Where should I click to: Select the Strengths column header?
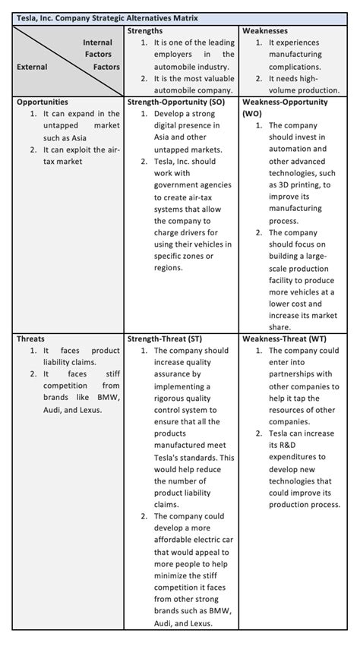[145, 30]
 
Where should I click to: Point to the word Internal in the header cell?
[97, 43]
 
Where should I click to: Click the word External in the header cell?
[32, 67]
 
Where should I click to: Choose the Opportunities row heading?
[43, 101]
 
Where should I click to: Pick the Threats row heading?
[31, 339]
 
